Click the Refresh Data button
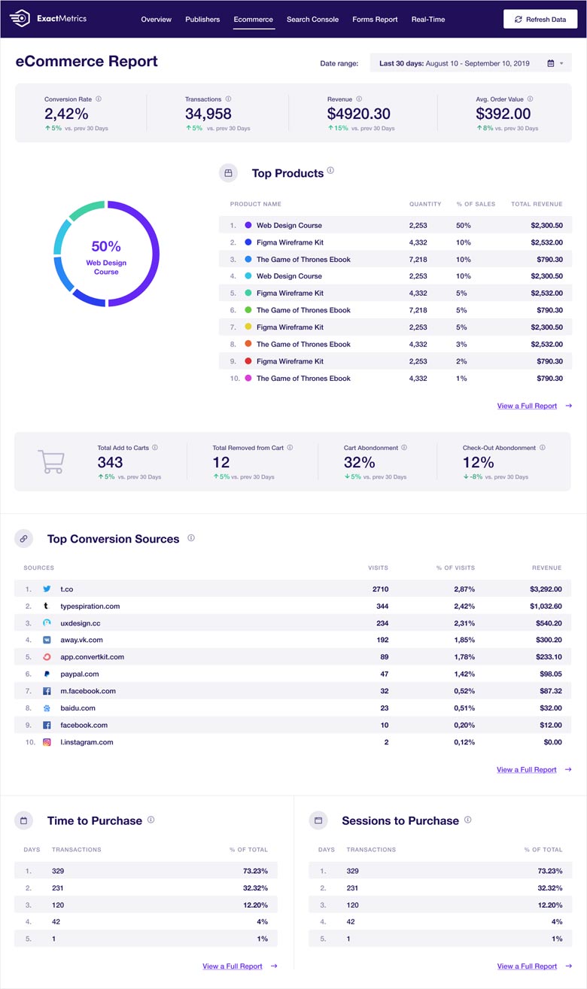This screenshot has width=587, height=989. click(x=540, y=19)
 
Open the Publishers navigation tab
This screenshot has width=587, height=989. click(x=202, y=19)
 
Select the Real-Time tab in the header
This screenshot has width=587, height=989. click(x=427, y=19)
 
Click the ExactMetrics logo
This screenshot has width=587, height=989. click(x=51, y=18)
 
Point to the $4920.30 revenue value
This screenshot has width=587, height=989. click(x=358, y=114)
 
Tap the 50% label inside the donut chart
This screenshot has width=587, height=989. click(x=106, y=246)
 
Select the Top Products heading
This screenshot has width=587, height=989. click(x=287, y=173)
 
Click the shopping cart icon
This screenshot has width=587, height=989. click(x=51, y=461)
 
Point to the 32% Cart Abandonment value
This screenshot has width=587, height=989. click(x=359, y=462)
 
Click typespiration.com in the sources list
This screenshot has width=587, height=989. click(x=90, y=606)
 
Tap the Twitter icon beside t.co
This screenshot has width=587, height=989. click(x=47, y=589)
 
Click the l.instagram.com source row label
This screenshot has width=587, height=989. click(x=87, y=742)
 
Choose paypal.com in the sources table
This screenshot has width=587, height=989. click(x=79, y=674)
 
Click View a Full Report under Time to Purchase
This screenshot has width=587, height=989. click(x=233, y=966)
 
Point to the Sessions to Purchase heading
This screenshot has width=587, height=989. click(x=400, y=820)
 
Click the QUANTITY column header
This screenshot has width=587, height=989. click(x=424, y=204)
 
